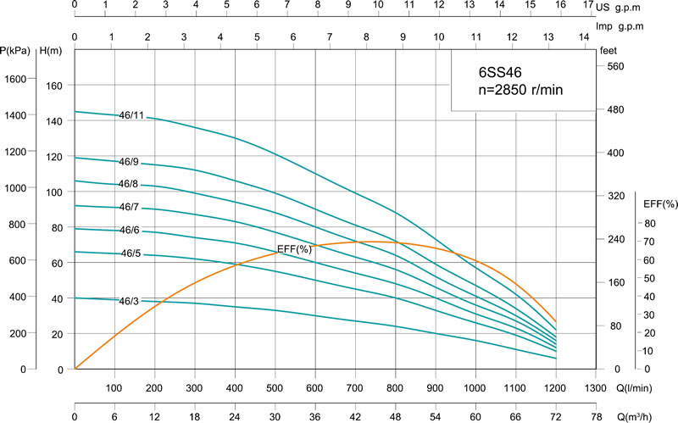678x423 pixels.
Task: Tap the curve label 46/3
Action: click(x=130, y=301)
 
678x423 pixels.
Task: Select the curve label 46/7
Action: click(x=129, y=208)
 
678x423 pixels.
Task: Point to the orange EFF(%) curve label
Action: click(x=295, y=249)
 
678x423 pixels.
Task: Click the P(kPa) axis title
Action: click(x=16, y=51)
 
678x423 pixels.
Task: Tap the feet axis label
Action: click(x=608, y=51)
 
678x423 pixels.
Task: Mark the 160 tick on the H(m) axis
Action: click(x=55, y=86)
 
